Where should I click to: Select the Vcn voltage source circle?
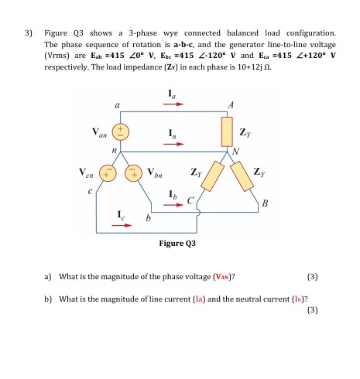111,170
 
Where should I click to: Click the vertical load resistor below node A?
228,132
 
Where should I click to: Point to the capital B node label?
265,203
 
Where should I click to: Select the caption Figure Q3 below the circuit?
177,243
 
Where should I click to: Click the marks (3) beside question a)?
312,276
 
